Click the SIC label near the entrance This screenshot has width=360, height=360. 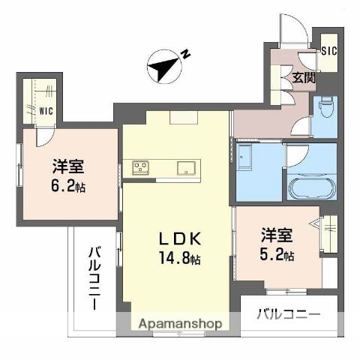[x=328, y=51]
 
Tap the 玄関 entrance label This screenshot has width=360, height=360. [x=304, y=77]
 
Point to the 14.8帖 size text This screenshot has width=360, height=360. [x=179, y=259]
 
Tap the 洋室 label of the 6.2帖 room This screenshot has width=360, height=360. [x=68, y=165]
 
